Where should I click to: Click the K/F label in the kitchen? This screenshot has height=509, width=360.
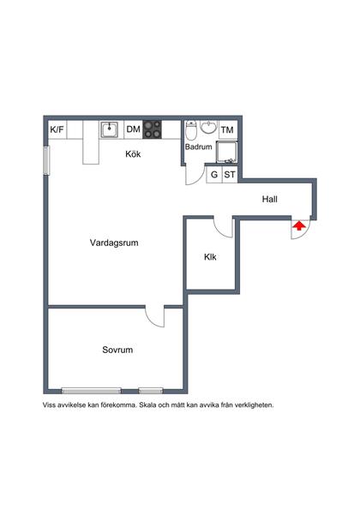[x=57, y=130]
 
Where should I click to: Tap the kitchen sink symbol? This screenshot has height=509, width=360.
[x=109, y=130]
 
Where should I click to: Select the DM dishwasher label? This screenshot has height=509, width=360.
[x=133, y=130]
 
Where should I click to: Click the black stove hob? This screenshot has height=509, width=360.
[x=153, y=129]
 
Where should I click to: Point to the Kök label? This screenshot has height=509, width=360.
[x=133, y=154]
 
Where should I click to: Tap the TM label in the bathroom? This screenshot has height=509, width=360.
[x=227, y=130]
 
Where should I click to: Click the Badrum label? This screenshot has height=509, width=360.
[x=198, y=147]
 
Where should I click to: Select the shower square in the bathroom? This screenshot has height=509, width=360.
[x=226, y=152]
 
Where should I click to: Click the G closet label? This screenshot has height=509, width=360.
[x=214, y=174]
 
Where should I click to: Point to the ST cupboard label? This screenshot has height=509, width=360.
[x=229, y=174]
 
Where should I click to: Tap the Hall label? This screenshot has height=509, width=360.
[x=269, y=200]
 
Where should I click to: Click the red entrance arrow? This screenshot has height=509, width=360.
[x=298, y=226]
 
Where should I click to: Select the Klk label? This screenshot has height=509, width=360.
[x=210, y=257]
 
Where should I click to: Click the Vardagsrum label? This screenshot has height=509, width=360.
[x=114, y=243]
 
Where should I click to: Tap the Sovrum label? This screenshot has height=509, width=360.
[x=117, y=350]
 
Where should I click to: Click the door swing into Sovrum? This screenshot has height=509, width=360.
[x=154, y=317]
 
